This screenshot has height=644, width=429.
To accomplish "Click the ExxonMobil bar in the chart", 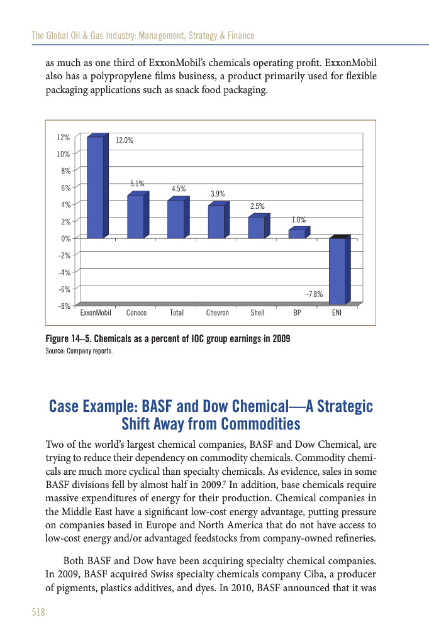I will tap(95, 187).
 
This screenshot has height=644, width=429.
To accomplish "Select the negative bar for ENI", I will tap(337, 270).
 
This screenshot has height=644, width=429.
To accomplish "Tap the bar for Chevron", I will tap(216, 221).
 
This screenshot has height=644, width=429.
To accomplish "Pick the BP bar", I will tap(296, 233).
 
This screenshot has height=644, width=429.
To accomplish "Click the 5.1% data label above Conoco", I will tap(137, 184).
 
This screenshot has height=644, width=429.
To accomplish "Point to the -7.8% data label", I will tap(315, 294).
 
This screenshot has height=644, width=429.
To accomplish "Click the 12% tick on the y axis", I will tap(63, 136).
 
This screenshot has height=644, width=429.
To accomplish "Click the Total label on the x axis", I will tap(176, 313).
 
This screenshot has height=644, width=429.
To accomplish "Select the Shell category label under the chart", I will tap(257, 313).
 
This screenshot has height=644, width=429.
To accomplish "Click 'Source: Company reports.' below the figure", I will tap(79, 350).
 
